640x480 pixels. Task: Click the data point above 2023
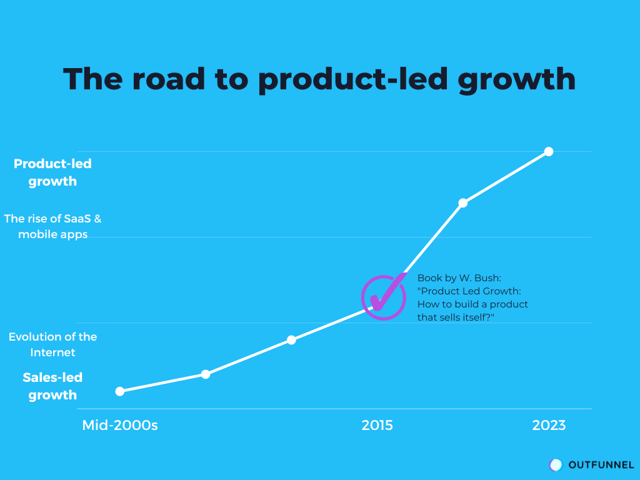(x=549, y=151)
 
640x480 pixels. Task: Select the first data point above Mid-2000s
(x=120, y=391)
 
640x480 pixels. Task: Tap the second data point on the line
(x=206, y=374)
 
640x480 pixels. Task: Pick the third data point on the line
(x=291, y=340)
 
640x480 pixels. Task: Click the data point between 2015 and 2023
(x=463, y=202)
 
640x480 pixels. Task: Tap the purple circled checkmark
(x=384, y=297)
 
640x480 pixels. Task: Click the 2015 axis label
(x=377, y=426)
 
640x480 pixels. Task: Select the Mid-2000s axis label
(x=120, y=426)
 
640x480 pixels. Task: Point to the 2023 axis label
(x=549, y=426)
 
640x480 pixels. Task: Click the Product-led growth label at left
(x=52, y=172)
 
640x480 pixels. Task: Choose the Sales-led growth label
(x=52, y=386)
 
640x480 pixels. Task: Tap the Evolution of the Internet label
(x=52, y=344)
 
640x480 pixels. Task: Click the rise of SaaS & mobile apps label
(x=52, y=227)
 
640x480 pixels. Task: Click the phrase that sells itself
(x=454, y=317)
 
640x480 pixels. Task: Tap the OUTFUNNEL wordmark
(x=601, y=465)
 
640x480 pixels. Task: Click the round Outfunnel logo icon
(x=556, y=465)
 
